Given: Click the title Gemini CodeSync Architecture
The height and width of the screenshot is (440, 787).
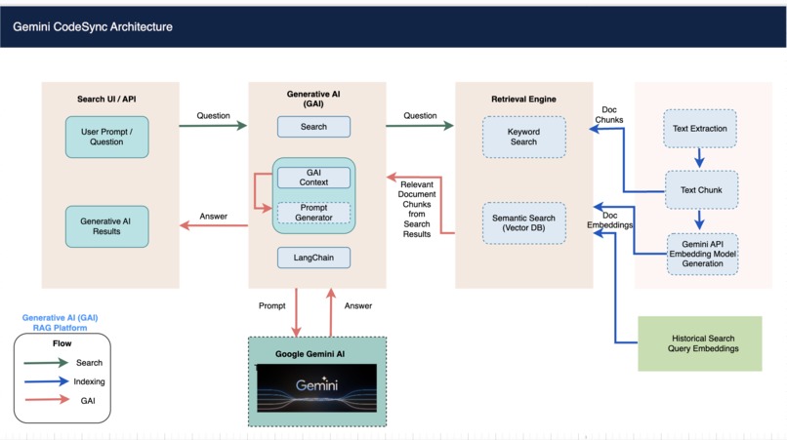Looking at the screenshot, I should pyautogui.click(x=93, y=26).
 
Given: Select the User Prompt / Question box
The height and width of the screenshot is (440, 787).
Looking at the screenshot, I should pyautogui.click(x=107, y=137).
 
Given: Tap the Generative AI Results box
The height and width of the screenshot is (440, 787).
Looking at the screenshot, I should pyautogui.click(x=107, y=225).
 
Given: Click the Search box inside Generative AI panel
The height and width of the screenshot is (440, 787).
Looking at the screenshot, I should pyautogui.click(x=313, y=127).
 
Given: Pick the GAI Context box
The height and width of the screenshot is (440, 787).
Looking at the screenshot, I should pyautogui.click(x=313, y=177).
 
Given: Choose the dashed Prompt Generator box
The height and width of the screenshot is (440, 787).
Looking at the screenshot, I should pyautogui.click(x=313, y=212).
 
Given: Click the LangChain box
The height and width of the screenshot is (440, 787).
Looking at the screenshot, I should pyautogui.click(x=313, y=258).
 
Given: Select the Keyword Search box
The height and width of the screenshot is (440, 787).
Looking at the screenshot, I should pyautogui.click(x=523, y=137).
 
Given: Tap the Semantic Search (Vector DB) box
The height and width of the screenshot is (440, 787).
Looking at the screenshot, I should pyautogui.click(x=523, y=223).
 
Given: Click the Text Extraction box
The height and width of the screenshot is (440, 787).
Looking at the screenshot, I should pyautogui.click(x=700, y=129).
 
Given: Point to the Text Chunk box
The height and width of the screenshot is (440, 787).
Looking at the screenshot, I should pyautogui.click(x=700, y=190).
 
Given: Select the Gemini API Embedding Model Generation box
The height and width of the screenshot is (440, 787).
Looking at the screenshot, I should pyautogui.click(x=702, y=253).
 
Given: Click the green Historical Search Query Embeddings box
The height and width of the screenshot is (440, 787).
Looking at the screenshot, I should pyautogui.click(x=699, y=343).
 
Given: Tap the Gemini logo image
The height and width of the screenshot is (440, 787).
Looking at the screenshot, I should pyautogui.click(x=316, y=388).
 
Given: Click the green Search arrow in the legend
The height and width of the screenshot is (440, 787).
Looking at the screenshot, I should pyautogui.click(x=46, y=363).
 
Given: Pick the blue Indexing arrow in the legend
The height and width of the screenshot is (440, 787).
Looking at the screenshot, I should pyautogui.click(x=46, y=382).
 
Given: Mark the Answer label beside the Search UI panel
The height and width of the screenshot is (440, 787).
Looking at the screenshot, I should pyautogui.click(x=213, y=217).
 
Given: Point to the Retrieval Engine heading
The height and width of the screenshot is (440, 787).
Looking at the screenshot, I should pyautogui.click(x=524, y=100).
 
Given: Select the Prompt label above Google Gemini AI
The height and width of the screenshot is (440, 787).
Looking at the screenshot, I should pyautogui.click(x=272, y=305).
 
